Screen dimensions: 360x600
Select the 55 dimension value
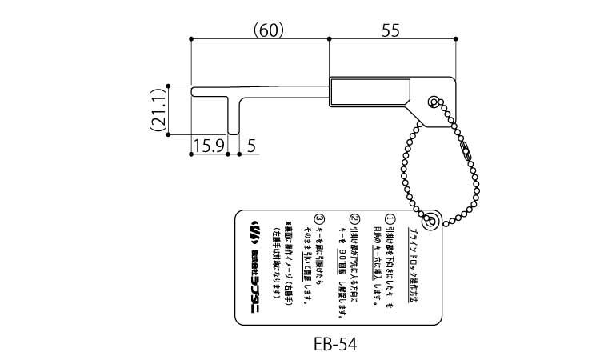tap(391, 30)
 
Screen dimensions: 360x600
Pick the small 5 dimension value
tap(251, 146)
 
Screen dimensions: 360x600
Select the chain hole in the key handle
tap(433, 102)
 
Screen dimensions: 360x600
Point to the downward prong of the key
tap(233, 116)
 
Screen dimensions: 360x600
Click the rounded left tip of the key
tap(194, 91)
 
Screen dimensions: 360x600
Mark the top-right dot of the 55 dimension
tap(455, 38)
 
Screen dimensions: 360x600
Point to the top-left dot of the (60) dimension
tap(191, 38)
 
